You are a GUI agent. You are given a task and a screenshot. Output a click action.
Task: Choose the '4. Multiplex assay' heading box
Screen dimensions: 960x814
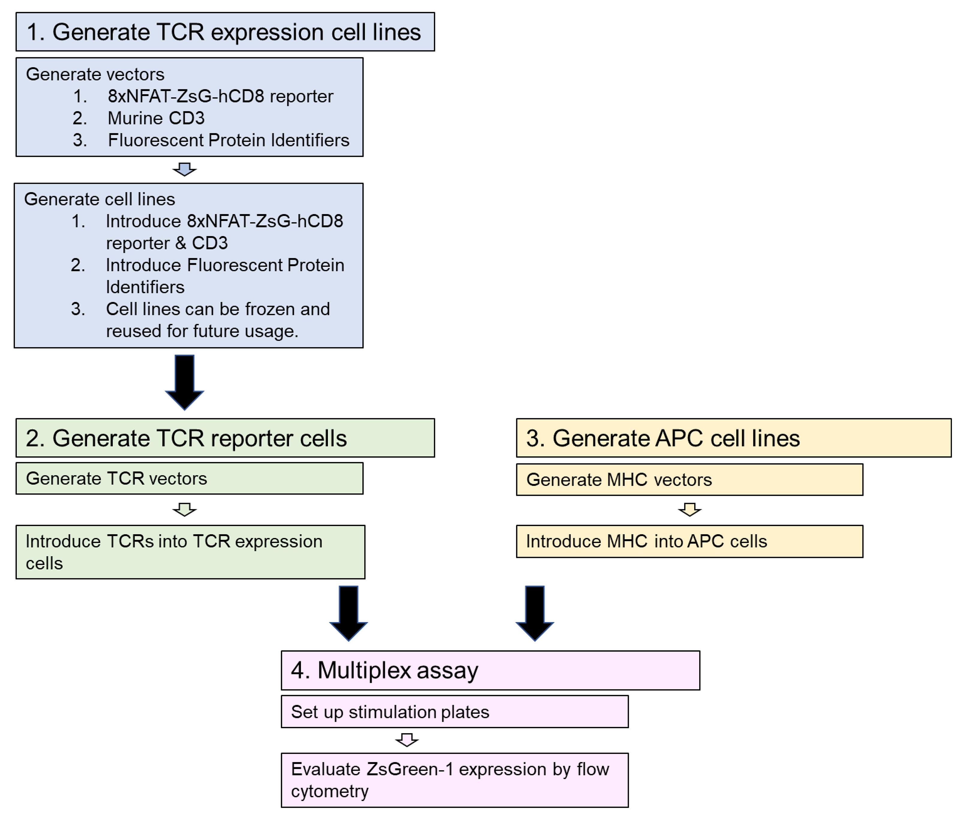pyautogui.click(x=490, y=670)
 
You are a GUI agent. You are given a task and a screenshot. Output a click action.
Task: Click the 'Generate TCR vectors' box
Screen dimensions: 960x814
pyautogui.click(x=190, y=479)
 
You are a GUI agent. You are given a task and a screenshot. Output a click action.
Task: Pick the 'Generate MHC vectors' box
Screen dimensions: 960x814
pyautogui.click(x=689, y=480)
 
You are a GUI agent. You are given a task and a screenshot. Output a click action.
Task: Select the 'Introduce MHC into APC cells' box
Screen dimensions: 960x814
pyautogui.click(x=689, y=541)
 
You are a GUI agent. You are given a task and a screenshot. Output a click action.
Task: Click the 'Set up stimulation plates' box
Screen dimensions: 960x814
pyautogui.click(x=454, y=712)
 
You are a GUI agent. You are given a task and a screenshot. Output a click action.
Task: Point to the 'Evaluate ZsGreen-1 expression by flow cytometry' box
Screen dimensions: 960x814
pyautogui.click(x=454, y=780)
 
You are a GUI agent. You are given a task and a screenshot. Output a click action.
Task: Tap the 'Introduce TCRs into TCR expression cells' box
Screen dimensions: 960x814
pyautogui.click(x=190, y=552)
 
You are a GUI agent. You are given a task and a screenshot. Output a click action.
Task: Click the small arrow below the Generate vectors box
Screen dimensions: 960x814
pyautogui.click(x=184, y=169)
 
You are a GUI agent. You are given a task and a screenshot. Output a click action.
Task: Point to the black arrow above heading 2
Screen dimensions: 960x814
pyautogui.click(x=184, y=382)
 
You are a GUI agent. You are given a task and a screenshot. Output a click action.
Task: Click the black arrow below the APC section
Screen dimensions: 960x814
pyautogui.click(x=534, y=613)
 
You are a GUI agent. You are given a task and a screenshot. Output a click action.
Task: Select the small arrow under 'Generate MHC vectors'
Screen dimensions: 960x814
pyautogui.click(x=689, y=510)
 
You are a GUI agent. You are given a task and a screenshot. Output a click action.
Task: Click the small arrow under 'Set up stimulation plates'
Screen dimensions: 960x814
pyautogui.click(x=407, y=740)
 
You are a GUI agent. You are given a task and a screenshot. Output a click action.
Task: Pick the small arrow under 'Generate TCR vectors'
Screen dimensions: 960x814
pyautogui.click(x=184, y=510)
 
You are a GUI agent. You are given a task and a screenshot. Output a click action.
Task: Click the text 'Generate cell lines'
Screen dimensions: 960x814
pyautogui.click(x=100, y=199)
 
